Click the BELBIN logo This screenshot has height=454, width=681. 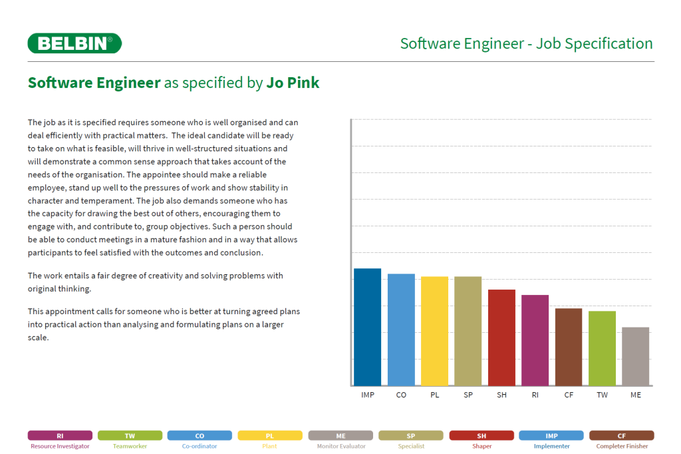click(x=74, y=43)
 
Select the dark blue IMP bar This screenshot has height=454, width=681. click(x=367, y=327)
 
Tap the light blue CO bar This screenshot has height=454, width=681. click(x=401, y=330)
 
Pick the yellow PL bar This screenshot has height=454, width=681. click(x=434, y=331)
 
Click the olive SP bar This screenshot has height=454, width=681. click(x=468, y=331)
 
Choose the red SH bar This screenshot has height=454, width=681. click(x=501, y=338)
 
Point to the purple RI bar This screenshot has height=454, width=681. click(x=535, y=340)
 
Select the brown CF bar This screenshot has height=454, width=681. click(x=569, y=347)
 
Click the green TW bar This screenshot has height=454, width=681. click(x=602, y=348)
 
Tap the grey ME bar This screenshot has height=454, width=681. click(x=636, y=356)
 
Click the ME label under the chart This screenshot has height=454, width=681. click(x=636, y=395)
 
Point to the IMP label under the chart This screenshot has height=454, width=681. click(x=367, y=395)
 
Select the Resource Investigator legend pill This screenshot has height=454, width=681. click(x=60, y=436)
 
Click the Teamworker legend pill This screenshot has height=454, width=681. click(x=130, y=436)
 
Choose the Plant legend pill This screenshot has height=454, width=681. click(x=269, y=436)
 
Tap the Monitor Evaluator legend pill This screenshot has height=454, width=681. click(x=340, y=436)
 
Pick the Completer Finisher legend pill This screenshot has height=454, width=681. click(x=621, y=436)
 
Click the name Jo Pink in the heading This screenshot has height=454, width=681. click(x=293, y=83)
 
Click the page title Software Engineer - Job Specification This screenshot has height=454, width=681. click(x=526, y=44)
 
